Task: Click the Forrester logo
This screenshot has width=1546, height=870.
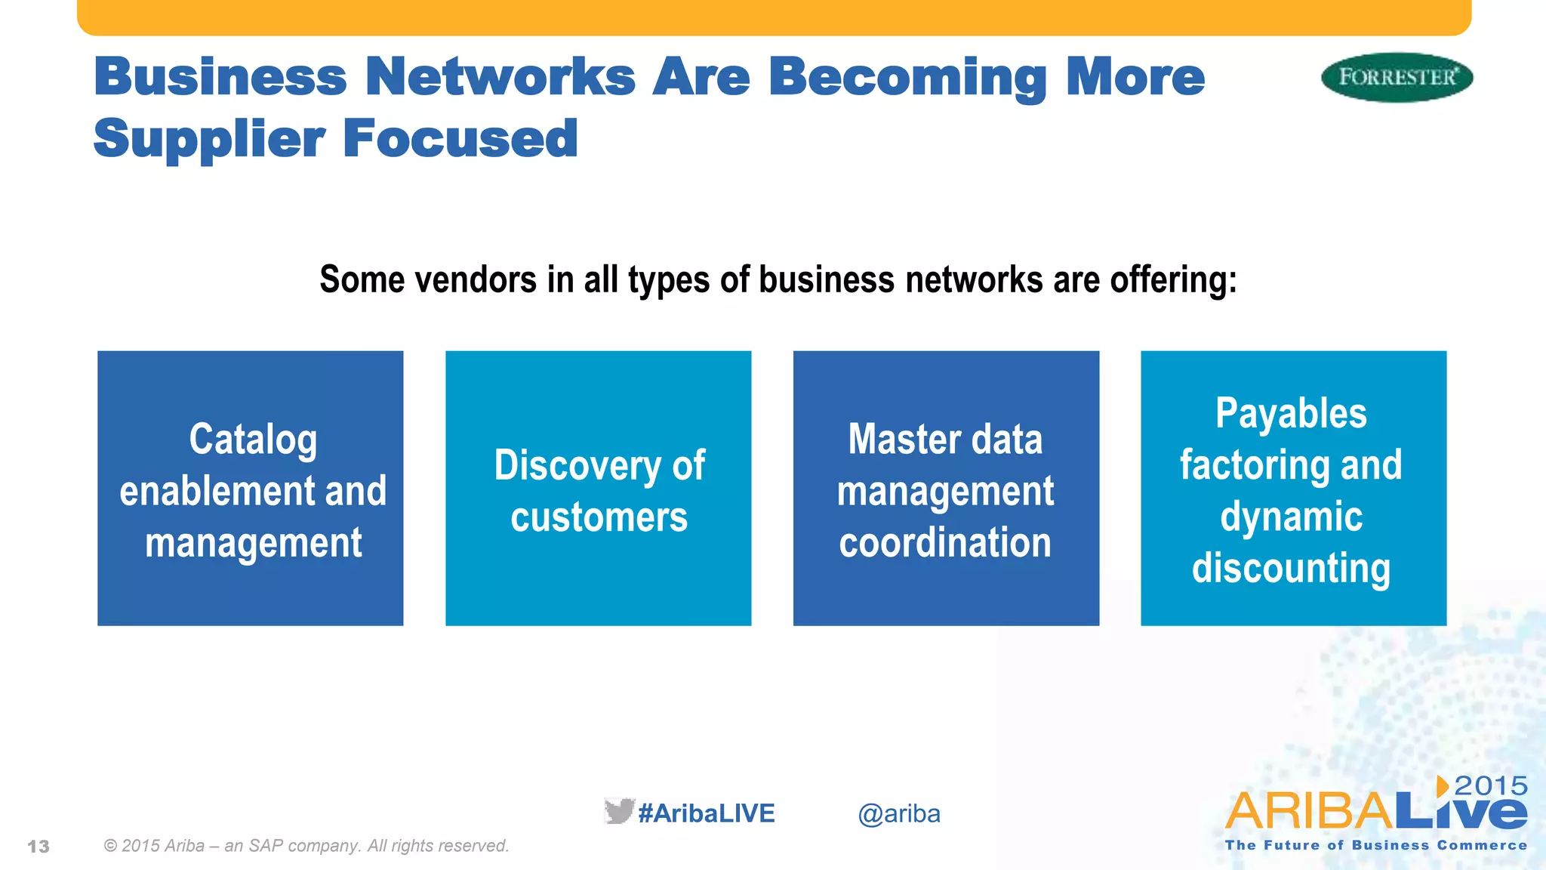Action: click(x=1397, y=77)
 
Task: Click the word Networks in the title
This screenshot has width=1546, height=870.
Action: click(x=500, y=77)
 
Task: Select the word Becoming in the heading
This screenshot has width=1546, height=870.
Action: click(x=907, y=79)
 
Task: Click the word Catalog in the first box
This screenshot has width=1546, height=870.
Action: click(x=253, y=440)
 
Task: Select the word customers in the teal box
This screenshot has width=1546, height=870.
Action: click(x=599, y=517)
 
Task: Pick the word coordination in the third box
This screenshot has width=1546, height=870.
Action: click(x=945, y=543)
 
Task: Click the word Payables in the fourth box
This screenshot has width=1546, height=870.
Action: click(x=1291, y=414)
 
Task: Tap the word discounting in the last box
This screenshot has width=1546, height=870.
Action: click(x=1291, y=569)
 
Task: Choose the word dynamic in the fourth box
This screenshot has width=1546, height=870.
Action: click(x=1291, y=517)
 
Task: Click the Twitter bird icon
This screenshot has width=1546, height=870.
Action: click(x=618, y=811)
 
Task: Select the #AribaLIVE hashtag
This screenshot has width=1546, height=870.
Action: click(x=707, y=813)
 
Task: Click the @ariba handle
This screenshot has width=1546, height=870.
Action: click(x=898, y=814)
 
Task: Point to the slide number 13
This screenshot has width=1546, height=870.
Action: click(x=38, y=847)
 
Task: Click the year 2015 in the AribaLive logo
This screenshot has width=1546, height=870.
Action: click(x=1490, y=785)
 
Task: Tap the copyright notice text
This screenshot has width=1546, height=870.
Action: click(x=306, y=846)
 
